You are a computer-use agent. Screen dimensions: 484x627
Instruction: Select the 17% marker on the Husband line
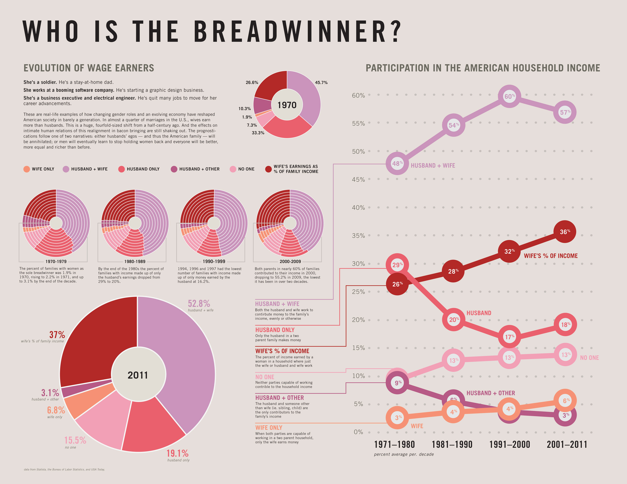pos(509,337)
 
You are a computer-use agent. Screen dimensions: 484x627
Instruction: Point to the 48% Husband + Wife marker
pos(397,164)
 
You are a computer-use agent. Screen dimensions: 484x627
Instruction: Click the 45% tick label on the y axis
pos(358,180)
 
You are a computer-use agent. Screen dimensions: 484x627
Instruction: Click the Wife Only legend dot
pos(26,169)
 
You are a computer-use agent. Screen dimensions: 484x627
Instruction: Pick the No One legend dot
pos(233,169)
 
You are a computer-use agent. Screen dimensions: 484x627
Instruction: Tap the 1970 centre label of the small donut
pos(287,105)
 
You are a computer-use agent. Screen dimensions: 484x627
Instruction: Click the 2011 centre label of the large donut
pos(138,375)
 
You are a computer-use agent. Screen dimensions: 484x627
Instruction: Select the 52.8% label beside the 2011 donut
pos(199,304)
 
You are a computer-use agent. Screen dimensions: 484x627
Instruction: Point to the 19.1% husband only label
pos(177,453)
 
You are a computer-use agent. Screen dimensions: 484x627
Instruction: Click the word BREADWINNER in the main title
pos(297,32)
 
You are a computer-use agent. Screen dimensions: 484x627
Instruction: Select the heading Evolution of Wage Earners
pos(89,68)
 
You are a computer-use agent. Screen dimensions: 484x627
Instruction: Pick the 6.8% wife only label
pos(56,410)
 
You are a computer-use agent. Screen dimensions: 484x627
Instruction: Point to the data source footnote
pos(64,470)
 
